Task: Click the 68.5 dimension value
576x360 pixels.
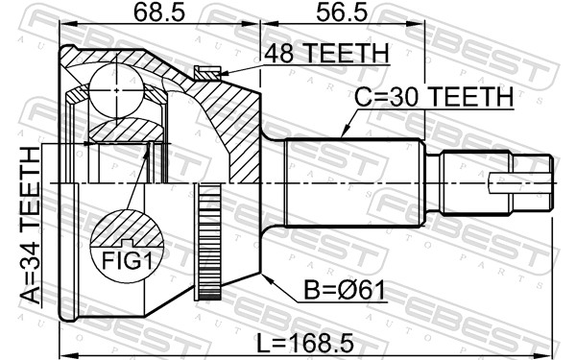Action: [158, 13]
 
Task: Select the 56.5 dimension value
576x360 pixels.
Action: [342, 13]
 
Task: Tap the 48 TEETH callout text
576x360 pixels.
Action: [326, 54]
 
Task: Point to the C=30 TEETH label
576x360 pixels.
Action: [434, 97]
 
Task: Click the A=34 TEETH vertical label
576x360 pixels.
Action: [30, 225]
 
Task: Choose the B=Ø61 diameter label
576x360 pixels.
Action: [345, 291]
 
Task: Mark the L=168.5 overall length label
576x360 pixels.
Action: [305, 344]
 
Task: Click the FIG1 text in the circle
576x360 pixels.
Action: [127, 261]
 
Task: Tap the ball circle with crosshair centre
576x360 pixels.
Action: [116, 90]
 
